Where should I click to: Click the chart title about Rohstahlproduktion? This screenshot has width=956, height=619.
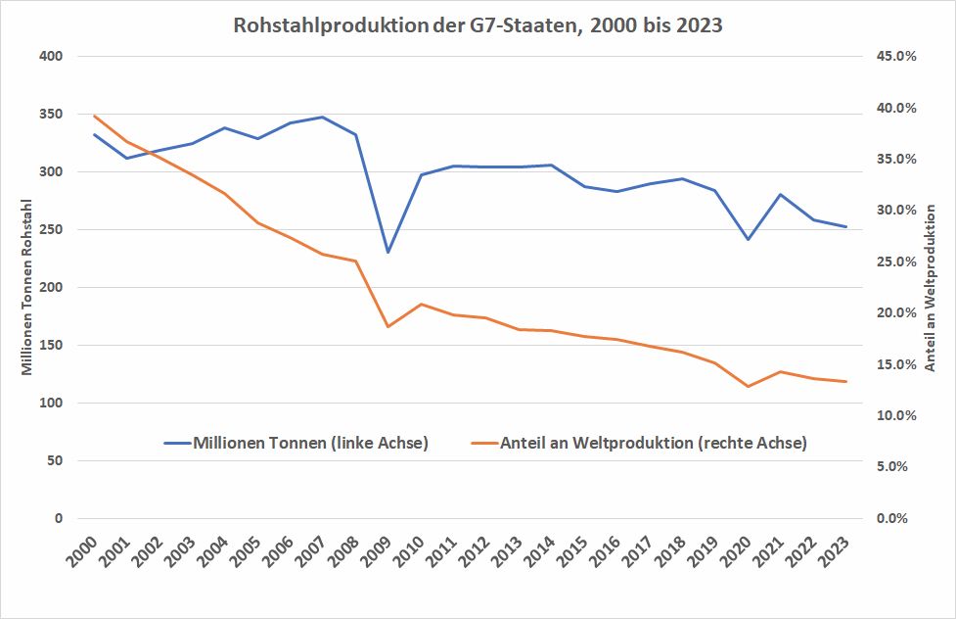click(478, 25)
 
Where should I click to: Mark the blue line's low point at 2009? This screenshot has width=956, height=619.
click(388, 253)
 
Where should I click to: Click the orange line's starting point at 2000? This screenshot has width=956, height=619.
click(94, 116)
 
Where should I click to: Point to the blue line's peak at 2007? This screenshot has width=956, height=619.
click(323, 118)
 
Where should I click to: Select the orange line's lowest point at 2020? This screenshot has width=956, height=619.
click(749, 386)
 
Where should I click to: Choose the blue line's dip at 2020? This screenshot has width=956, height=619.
click(749, 239)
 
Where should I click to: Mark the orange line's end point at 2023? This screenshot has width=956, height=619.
click(846, 381)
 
